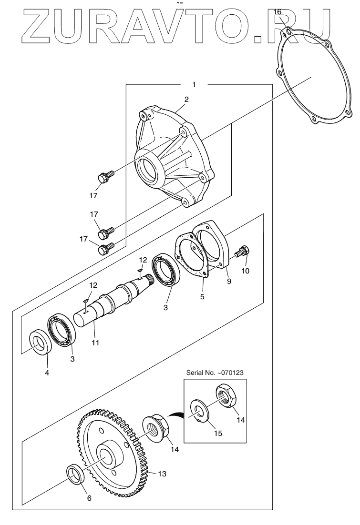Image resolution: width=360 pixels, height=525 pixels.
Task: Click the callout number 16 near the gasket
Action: tap(277, 12)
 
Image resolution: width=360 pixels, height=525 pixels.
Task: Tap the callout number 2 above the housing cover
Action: tap(186, 99)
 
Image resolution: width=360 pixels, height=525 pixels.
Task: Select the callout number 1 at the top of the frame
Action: tap(194, 84)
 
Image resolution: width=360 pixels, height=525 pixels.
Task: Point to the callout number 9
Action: tap(229, 281)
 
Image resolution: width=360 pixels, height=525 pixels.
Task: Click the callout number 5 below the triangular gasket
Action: tap(202, 296)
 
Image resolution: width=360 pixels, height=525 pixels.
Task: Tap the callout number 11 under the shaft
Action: tap(95, 343)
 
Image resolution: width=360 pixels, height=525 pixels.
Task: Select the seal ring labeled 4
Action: tap(41, 342)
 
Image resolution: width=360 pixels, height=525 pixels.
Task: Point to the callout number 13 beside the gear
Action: tap(162, 474)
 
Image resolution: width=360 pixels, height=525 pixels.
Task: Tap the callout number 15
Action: tap(218, 433)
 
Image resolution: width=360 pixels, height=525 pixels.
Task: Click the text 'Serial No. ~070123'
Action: tap(215, 373)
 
